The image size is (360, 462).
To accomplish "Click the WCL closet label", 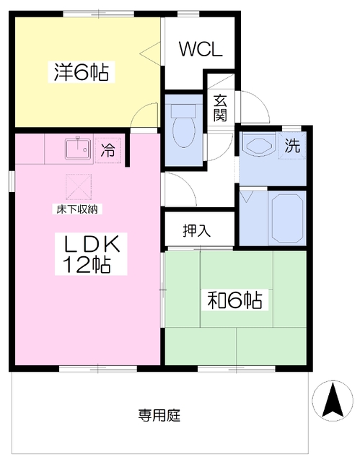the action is coord(201,49).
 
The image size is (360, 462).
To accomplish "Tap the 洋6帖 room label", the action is coord(82,72).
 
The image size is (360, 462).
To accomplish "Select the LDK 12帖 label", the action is coord(91,253).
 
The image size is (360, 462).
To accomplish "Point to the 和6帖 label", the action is coord(234,300).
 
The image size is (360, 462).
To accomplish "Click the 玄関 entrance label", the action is coord(220,108).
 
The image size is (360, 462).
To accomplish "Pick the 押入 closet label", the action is coord(197,230).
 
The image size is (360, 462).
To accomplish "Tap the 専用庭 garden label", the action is coord(159,415).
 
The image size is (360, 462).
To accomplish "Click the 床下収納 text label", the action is coord(77,209).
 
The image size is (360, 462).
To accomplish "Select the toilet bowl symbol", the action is coord(184,125).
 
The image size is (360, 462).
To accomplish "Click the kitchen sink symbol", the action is coord(77,149).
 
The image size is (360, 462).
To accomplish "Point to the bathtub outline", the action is coord(287,217).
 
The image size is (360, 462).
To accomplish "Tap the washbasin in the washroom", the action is coord(259,145).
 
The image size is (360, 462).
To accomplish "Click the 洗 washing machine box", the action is coord(292,145).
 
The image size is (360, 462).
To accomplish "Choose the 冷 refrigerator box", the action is coord(107,150).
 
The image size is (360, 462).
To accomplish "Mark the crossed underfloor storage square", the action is coord(79,187).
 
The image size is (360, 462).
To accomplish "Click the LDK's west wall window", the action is coord(12,181).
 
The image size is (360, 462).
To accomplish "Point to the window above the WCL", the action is coord(189,14).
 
